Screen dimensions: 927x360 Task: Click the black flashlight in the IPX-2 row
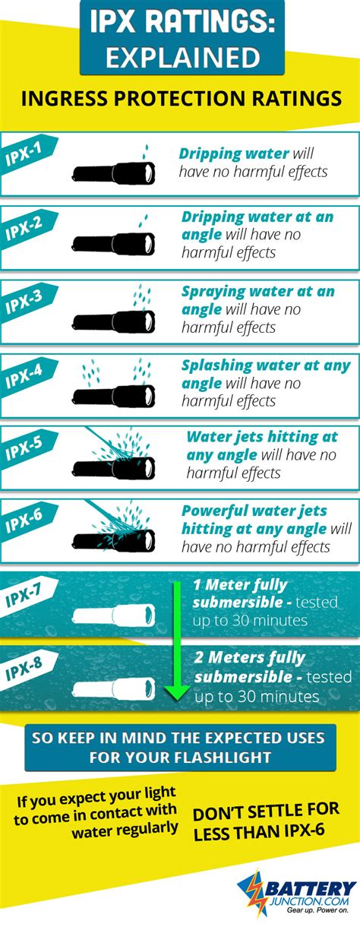coord(114,243)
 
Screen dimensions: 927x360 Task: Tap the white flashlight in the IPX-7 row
coord(114,615)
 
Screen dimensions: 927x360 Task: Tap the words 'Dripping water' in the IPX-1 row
coord(233,153)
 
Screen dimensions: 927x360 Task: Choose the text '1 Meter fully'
coord(240,585)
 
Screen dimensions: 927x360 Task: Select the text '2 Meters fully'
coord(249,658)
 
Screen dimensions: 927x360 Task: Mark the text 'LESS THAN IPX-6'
coord(258,831)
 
